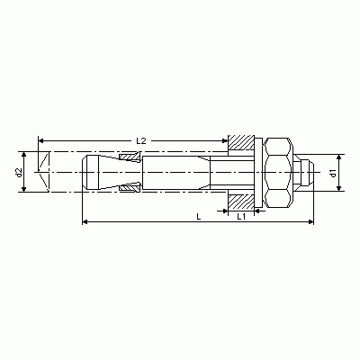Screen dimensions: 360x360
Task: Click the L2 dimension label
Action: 140,140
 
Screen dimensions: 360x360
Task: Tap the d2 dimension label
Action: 19,173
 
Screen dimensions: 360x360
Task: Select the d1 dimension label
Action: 334,173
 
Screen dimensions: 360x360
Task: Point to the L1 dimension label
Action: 241,217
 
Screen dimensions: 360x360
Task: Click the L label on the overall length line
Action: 199,217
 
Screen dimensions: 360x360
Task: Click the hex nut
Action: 278,173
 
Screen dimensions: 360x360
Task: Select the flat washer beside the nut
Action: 258,173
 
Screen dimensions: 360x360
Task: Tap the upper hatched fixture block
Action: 241,142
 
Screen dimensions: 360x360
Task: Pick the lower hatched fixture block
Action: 241,202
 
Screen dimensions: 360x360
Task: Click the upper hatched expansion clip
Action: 130,157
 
